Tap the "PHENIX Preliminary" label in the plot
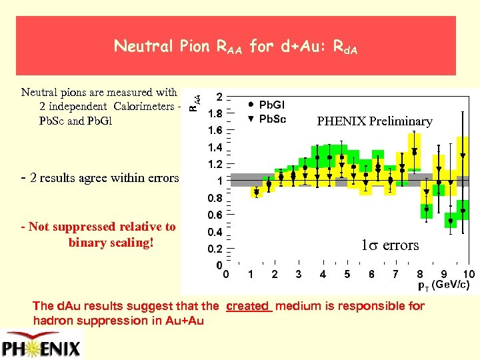374,121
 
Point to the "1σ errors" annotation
390,245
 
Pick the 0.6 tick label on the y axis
216,215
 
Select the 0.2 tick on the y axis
216,249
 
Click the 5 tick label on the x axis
347,275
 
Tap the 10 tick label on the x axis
468,275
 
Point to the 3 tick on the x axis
298,275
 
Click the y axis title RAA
192,100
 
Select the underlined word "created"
249,306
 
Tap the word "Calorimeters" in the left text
145,107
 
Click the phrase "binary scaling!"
111,242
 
